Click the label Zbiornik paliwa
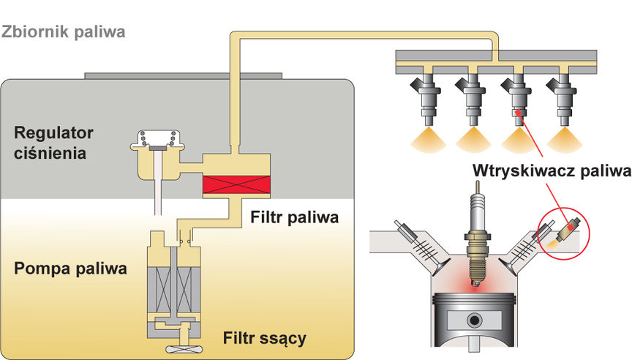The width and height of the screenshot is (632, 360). (64, 32)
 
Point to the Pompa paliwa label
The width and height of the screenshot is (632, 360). (70, 269)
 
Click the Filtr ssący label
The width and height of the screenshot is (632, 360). (265, 337)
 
